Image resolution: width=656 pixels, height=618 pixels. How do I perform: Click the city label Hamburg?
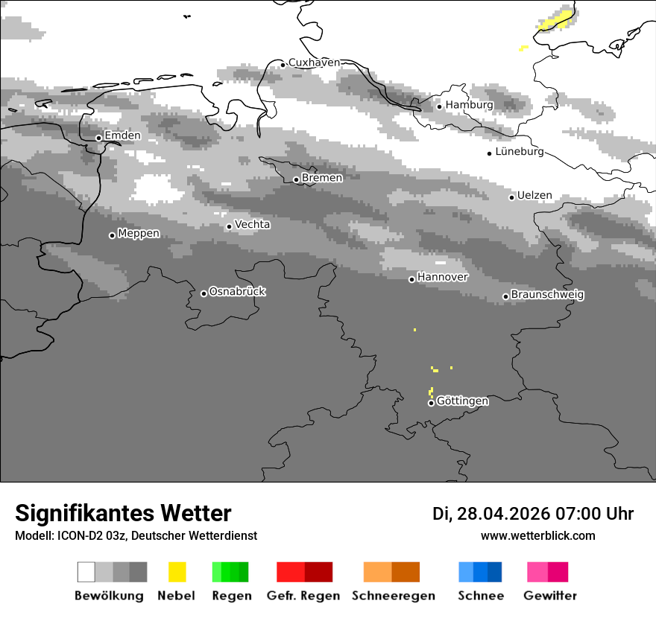[469, 105]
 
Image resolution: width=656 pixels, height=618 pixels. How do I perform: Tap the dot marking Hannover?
[411, 279]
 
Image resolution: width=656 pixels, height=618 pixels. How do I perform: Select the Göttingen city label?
[462, 401]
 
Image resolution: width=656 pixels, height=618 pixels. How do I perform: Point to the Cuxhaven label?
[314, 63]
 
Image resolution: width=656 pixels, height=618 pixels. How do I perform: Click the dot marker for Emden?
[98, 138]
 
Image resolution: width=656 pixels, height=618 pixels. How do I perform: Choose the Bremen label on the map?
[322, 178]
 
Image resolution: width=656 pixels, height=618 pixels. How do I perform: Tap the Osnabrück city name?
[237, 292]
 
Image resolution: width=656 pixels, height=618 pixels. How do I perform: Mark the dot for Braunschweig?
[505, 296]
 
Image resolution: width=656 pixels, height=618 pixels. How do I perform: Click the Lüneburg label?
[520, 152]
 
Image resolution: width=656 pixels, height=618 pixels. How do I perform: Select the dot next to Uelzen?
[511, 197]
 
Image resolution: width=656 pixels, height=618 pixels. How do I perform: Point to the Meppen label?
[139, 233]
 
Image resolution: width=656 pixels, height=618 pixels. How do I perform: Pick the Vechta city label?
[253, 224]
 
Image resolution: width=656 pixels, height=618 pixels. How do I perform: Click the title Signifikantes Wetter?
[123, 513]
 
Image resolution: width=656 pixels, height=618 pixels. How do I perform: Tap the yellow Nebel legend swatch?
[177, 572]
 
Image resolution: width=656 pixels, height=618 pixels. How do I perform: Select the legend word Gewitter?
[550, 596]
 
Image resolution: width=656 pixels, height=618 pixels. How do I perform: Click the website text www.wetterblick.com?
[538, 535]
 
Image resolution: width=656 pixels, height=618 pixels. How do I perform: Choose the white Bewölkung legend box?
[86, 572]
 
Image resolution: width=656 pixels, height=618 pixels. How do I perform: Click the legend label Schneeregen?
[394, 596]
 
